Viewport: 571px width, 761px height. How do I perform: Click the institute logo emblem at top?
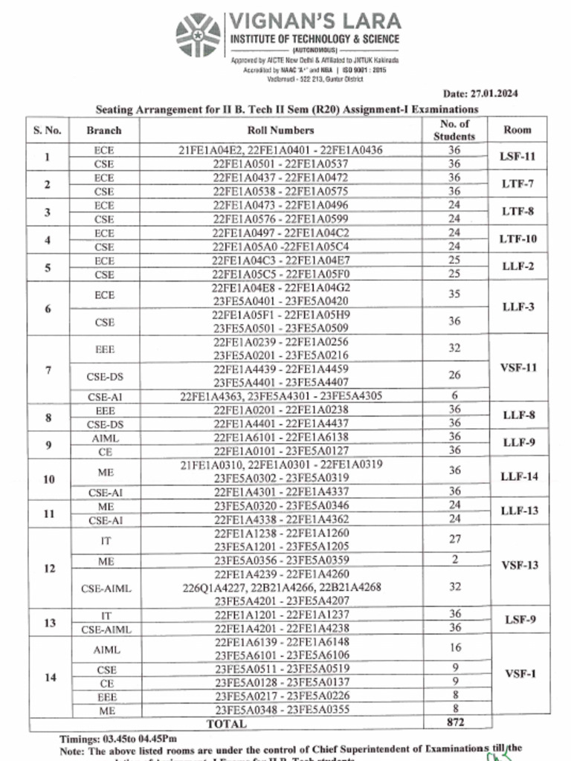pyautogui.click(x=199, y=35)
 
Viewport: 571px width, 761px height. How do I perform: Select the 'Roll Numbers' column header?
pyautogui.click(x=281, y=130)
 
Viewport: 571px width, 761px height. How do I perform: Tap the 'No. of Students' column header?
pyautogui.click(x=454, y=130)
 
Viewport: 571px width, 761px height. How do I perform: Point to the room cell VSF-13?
pyautogui.click(x=520, y=565)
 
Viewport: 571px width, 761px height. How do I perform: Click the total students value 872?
pyautogui.click(x=454, y=722)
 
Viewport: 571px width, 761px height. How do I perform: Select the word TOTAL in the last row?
pyautogui.click(x=226, y=722)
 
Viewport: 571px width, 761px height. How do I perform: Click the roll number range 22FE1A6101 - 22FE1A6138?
pyautogui.click(x=281, y=437)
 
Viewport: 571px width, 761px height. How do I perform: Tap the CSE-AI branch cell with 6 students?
pyautogui.click(x=104, y=396)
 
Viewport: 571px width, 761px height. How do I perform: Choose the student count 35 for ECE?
pyautogui.click(x=454, y=294)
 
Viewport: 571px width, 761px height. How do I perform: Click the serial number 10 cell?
pyautogui.click(x=48, y=479)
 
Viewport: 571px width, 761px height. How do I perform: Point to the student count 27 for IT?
pyautogui.click(x=454, y=540)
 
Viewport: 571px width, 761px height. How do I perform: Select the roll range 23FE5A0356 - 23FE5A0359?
pyautogui.click(x=281, y=560)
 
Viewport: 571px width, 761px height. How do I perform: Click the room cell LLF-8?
pyautogui.click(x=519, y=415)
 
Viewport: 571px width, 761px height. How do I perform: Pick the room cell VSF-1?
pyautogui.click(x=520, y=674)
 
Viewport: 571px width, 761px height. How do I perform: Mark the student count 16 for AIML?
pyautogui.click(x=454, y=648)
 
